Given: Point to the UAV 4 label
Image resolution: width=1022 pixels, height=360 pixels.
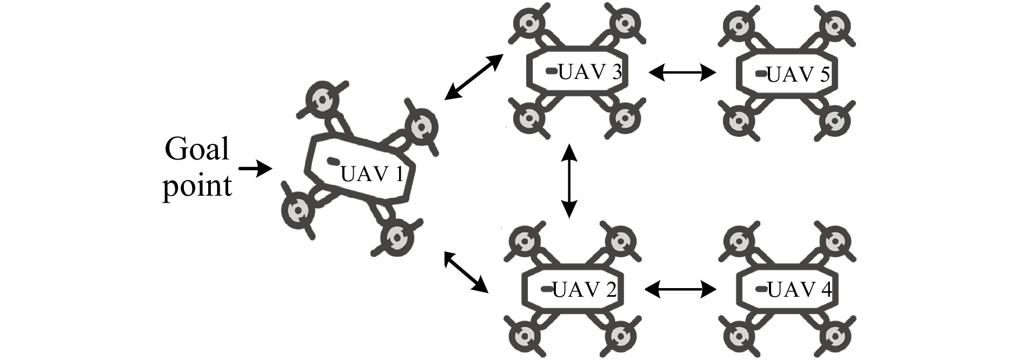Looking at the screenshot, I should (x=799, y=290).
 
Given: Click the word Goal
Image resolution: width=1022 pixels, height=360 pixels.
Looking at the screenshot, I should (x=197, y=149).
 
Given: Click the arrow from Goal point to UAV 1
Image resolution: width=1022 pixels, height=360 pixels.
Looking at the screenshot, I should (x=255, y=169).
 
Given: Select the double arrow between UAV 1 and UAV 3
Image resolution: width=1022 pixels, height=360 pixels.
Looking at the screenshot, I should (x=473, y=77).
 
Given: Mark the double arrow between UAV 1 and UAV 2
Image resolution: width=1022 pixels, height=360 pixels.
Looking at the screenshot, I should (x=466, y=272).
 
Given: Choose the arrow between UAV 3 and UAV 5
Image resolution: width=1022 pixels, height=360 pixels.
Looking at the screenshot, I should (x=682, y=72).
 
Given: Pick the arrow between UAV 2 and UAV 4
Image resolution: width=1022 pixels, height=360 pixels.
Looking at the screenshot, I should (x=681, y=290).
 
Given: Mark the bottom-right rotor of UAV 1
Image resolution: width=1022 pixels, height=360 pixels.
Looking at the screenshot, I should (x=397, y=236).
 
